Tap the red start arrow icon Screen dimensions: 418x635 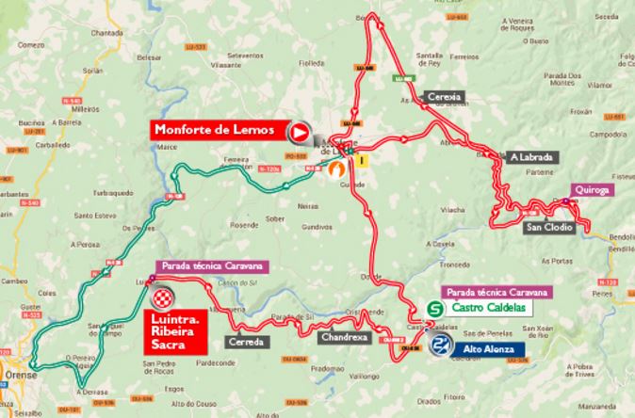[x=301, y=132]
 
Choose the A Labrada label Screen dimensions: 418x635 [x=532, y=156]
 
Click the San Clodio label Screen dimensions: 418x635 [x=548, y=227]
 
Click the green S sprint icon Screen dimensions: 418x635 [x=436, y=308]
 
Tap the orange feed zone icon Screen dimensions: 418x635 [x=334, y=169]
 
